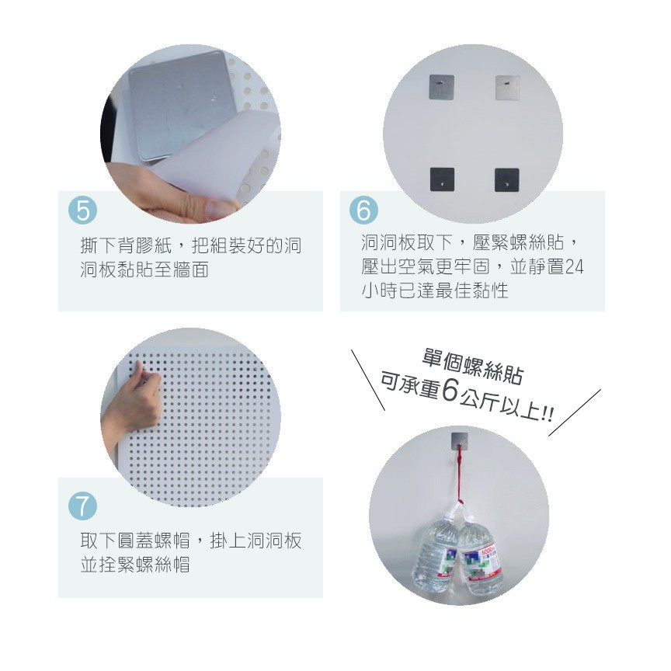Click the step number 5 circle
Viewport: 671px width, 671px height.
(82, 210)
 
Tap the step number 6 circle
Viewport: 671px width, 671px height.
(363, 210)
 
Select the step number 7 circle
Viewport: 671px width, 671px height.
(82, 506)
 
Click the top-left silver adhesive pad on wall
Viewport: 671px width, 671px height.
(442, 87)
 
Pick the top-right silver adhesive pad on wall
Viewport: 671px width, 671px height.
(508, 87)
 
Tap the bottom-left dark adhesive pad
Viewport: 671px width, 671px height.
(442, 179)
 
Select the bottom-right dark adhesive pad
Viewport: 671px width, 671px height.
(507, 179)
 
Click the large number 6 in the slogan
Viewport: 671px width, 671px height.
(450, 391)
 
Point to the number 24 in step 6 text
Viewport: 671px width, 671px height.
(574, 267)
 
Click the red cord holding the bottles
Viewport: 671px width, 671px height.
(460, 475)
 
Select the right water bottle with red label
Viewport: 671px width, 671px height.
(479, 556)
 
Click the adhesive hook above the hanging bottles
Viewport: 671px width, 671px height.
(459, 441)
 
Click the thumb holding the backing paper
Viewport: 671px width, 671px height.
(217, 207)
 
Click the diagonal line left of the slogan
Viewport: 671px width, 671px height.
(368, 380)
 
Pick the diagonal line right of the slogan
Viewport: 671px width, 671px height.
(575, 412)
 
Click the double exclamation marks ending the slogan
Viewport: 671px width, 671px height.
(548, 415)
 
